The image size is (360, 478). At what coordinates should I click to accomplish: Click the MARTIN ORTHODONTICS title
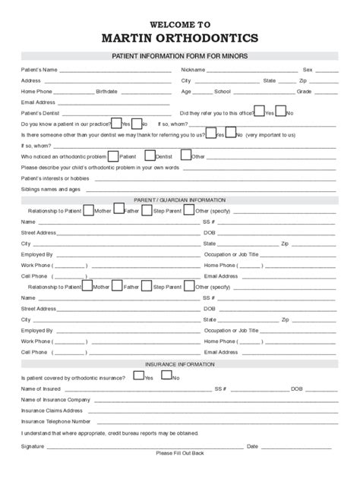pyautogui.click(x=180, y=38)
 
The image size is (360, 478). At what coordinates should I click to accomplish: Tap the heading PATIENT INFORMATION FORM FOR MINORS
pyautogui.click(x=180, y=57)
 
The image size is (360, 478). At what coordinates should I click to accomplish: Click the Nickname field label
pyautogui.click(x=193, y=69)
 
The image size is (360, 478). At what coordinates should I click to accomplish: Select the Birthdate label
pyautogui.click(x=106, y=91)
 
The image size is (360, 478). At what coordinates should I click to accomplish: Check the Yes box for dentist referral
pyautogui.click(x=259, y=111)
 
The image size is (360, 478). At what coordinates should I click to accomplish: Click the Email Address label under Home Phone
pyautogui.click(x=38, y=102)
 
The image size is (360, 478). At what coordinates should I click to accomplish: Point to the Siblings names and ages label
pyautogui.click(x=51, y=189)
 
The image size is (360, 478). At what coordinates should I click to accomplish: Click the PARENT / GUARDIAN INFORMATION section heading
pyautogui.click(x=180, y=200)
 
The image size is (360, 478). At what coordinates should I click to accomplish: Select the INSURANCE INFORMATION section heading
pyautogui.click(x=180, y=364)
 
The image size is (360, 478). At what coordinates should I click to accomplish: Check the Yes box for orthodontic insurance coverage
pyautogui.click(x=137, y=376)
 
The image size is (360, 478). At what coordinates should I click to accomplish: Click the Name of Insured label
pyautogui.click(x=39, y=388)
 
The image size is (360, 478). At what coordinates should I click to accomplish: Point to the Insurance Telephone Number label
pyautogui.click(x=56, y=421)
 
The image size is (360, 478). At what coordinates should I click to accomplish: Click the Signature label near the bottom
pyautogui.click(x=33, y=445)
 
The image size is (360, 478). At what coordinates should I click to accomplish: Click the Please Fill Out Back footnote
pyautogui.click(x=180, y=453)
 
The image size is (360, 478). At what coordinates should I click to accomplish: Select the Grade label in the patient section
pyautogui.click(x=304, y=91)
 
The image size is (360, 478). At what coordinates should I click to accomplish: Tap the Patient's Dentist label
pyautogui.click(x=41, y=112)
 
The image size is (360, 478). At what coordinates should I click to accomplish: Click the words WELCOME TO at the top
pyautogui.click(x=180, y=24)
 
